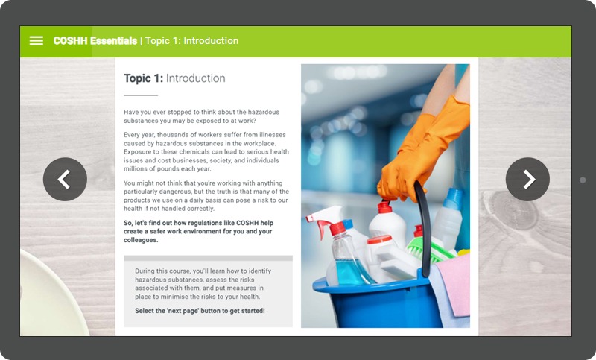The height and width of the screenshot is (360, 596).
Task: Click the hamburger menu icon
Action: [x=36, y=41]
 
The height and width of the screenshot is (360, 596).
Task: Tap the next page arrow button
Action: [x=527, y=179]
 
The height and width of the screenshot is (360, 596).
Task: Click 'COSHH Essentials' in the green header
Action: [x=95, y=41]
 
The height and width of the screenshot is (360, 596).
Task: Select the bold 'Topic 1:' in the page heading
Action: [x=143, y=78]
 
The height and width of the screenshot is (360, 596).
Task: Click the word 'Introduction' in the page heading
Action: [x=195, y=78]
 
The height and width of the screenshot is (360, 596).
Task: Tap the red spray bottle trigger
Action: [x=319, y=224]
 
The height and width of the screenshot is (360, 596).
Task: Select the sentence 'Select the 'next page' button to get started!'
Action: [x=200, y=311]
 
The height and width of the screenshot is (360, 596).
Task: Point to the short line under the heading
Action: [x=141, y=95]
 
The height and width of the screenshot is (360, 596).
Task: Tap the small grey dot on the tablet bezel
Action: [x=583, y=180]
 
